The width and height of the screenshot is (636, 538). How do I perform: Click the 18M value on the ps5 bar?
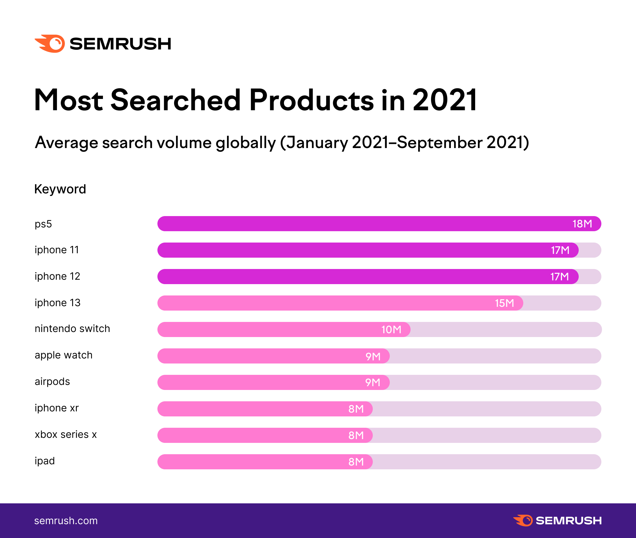[582, 224]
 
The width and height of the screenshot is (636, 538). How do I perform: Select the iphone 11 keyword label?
[57, 250]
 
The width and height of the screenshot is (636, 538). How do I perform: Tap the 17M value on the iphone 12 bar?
[559, 277]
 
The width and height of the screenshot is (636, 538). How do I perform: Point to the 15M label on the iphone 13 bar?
[504, 303]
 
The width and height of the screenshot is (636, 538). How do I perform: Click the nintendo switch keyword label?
[72, 329]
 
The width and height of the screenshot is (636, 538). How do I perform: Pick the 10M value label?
[391, 330]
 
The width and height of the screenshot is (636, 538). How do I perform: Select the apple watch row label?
[64, 355]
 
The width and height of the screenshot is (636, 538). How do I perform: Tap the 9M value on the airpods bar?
[372, 383]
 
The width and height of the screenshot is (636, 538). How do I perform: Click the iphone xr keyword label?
[57, 408]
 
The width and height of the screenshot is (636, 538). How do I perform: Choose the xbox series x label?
[66, 435]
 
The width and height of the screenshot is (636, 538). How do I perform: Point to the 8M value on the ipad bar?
[356, 462]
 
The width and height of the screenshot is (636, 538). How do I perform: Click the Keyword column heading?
[60, 189]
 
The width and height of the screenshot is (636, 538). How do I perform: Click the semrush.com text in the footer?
[66, 521]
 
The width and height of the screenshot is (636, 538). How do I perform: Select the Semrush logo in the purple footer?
[557, 521]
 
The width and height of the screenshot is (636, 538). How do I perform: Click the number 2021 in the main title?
[445, 100]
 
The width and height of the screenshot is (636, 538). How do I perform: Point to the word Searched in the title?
[176, 100]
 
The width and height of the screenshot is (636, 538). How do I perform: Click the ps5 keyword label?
[43, 224]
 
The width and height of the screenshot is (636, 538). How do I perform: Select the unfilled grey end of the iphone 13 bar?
[562, 303]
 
